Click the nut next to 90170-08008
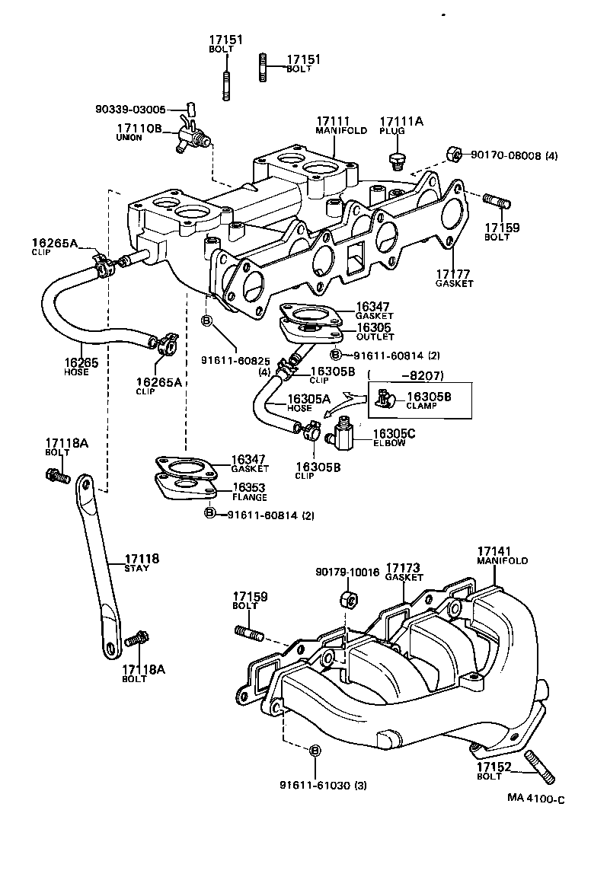click(452, 155)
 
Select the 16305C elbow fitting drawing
click(340, 436)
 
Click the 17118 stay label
click(142, 563)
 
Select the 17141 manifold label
click(502, 555)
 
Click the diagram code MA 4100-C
click(536, 799)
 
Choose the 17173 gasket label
click(404, 572)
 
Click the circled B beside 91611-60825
click(206, 321)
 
